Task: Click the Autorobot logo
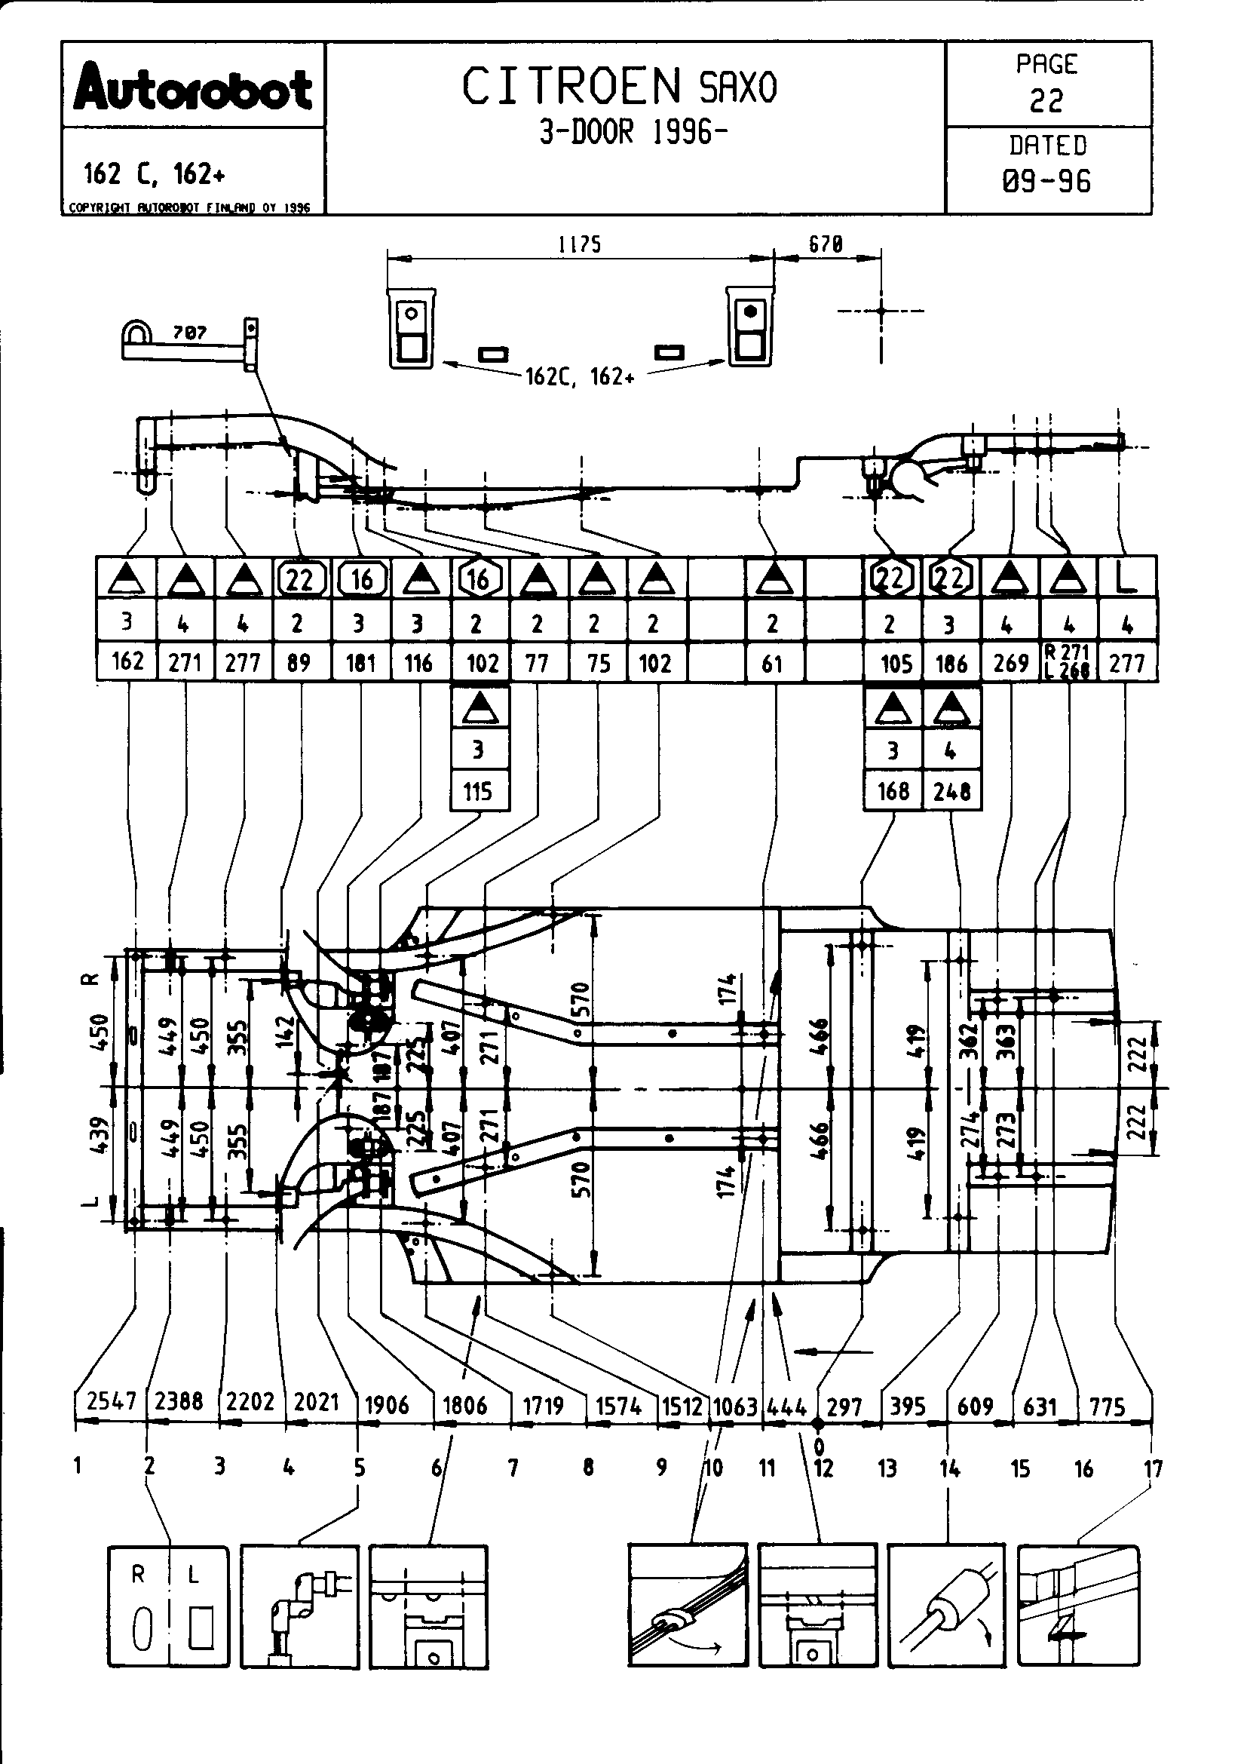point(193,88)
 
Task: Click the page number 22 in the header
point(1046,100)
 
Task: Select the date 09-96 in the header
point(1046,181)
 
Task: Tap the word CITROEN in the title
point(572,86)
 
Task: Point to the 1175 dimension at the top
point(580,245)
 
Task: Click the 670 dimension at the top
point(826,245)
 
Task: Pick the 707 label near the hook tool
point(190,333)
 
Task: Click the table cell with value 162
point(127,661)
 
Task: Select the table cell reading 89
point(299,662)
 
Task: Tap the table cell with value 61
point(773,662)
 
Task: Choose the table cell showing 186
point(951,662)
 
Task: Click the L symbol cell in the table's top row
point(1126,578)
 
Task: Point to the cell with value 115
point(479,790)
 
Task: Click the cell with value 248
point(952,790)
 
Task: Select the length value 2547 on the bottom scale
point(112,1400)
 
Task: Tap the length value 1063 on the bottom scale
point(736,1406)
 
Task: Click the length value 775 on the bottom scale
point(1108,1406)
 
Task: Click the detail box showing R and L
point(168,1605)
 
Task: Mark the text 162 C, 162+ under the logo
point(155,174)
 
